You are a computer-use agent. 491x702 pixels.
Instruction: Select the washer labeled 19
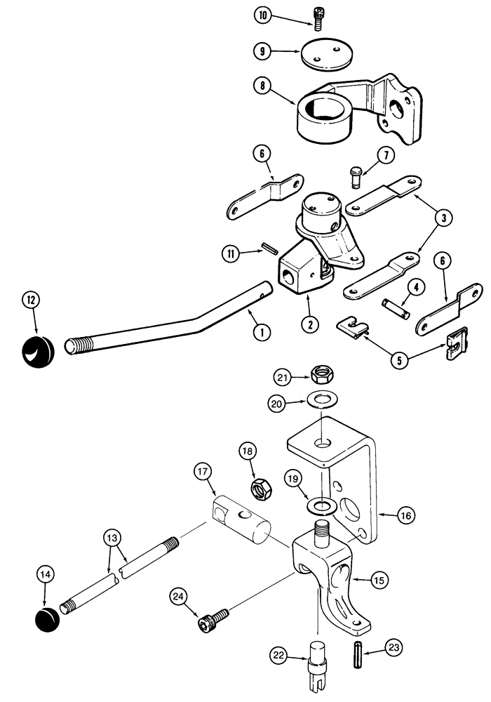pos(321,505)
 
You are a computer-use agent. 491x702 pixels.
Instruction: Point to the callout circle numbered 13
pos(112,538)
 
